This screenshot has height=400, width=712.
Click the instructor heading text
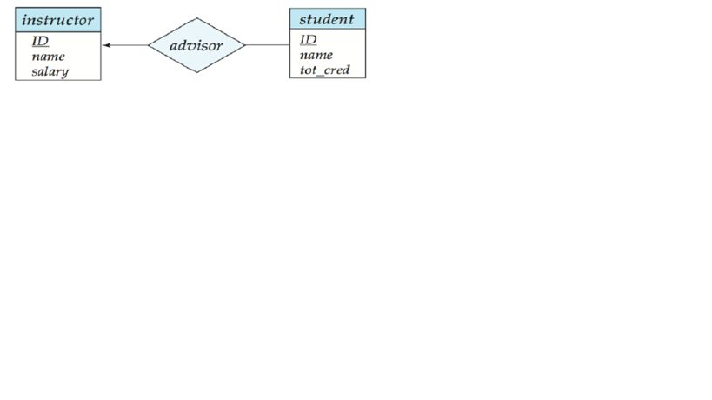(x=57, y=20)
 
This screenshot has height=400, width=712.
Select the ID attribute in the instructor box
(x=40, y=41)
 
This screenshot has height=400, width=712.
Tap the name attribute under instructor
(x=48, y=57)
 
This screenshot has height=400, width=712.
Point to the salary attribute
(x=50, y=71)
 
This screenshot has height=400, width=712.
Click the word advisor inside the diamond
(x=196, y=45)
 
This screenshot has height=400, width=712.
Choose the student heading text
(x=327, y=19)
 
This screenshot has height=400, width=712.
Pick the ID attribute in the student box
(x=308, y=39)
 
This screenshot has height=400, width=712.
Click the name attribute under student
(x=316, y=55)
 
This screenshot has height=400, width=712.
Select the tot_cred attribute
(x=324, y=70)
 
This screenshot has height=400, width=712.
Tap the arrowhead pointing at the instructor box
(x=107, y=45)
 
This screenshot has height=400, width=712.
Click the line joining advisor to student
(x=268, y=45)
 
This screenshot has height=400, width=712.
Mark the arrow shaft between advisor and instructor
(x=125, y=45)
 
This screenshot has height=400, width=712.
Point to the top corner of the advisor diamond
(x=196, y=18)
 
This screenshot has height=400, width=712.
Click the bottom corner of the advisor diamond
(x=196, y=72)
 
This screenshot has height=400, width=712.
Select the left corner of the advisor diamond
(x=148, y=45)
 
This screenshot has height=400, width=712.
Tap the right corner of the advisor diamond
(x=245, y=45)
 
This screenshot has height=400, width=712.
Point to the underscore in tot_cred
(x=321, y=75)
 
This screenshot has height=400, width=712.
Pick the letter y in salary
(x=65, y=73)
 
